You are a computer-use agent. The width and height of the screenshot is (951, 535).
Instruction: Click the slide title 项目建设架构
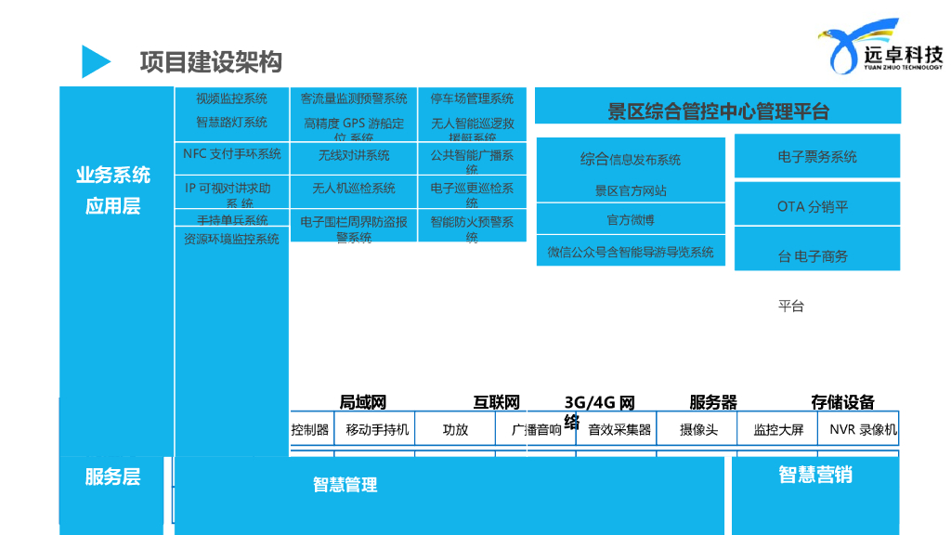point(211,61)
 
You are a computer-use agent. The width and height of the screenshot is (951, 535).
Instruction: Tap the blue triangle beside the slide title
point(95,61)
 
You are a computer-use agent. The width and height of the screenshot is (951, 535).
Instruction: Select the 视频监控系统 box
point(231,98)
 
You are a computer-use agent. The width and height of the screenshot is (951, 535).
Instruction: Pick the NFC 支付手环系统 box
point(231,154)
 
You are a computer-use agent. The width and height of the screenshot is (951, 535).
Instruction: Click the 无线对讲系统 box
point(354,155)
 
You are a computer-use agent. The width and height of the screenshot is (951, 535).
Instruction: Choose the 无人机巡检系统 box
point(354,189)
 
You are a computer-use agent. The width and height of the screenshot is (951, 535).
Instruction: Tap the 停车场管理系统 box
point(472,98)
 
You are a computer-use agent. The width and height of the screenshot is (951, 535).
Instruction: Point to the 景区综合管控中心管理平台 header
point(717,111)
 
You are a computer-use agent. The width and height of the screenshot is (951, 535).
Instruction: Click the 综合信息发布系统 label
point(631,160)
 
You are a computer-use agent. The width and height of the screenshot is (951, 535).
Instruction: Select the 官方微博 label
point(631,220)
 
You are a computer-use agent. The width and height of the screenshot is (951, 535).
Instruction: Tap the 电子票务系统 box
point(817,157)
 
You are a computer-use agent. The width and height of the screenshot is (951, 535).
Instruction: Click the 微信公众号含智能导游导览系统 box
point(631,252)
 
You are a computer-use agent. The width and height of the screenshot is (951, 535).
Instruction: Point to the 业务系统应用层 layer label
point(113,190)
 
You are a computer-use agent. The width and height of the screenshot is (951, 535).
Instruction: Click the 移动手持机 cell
point(377,430)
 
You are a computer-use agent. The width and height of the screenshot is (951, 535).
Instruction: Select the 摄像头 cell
point(698,430)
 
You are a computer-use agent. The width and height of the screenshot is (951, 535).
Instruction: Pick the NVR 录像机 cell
point(863,430)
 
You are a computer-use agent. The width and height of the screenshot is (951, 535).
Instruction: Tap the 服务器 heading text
point(713,402)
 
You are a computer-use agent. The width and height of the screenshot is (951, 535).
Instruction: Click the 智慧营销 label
point(815,475)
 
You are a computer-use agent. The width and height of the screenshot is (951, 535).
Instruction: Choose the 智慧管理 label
point(345,484)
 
